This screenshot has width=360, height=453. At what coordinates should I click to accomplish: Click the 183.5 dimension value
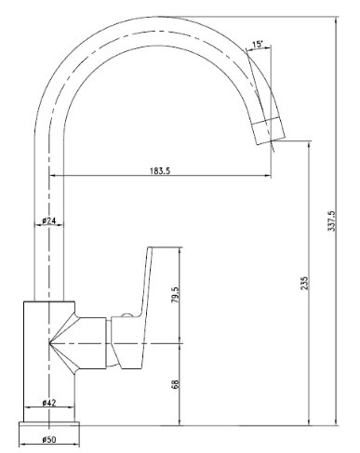tap(160, 170)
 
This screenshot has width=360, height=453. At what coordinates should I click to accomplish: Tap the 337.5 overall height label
tap(331, 220)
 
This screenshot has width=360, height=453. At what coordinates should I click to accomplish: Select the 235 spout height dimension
tap(305, 283)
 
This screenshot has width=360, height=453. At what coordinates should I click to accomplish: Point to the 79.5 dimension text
tap(175, 295)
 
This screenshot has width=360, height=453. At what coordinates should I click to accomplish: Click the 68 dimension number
tap(176, 384)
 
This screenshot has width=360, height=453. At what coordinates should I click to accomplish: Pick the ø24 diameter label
tap(49, 220)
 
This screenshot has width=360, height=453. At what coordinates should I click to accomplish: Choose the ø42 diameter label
tap(49, 403)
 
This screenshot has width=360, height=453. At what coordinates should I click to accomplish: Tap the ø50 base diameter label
tap(49, 439)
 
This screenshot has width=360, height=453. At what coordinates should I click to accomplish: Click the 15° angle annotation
tap(258, 45)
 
